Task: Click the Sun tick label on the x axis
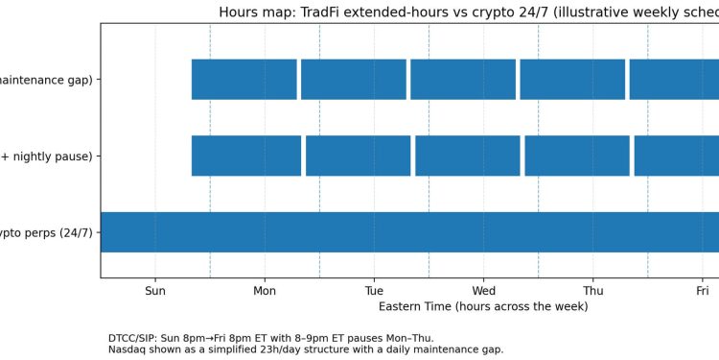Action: (x=155, y=290)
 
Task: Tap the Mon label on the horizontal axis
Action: (x=265, y=290)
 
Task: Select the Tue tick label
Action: (x=374, y=290)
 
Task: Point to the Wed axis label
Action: (x=484, y=290)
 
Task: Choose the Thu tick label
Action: (x=593, y=290)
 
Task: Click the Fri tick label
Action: (x=703, y=290)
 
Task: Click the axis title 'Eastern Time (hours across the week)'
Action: (x=483, y=306)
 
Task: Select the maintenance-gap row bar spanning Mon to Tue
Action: (x=354, y=80)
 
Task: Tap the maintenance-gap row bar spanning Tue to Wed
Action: (x=463, y=80)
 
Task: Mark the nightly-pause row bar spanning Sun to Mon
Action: (x=246, y=156)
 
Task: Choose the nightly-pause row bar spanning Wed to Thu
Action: (x=577, y=156)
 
